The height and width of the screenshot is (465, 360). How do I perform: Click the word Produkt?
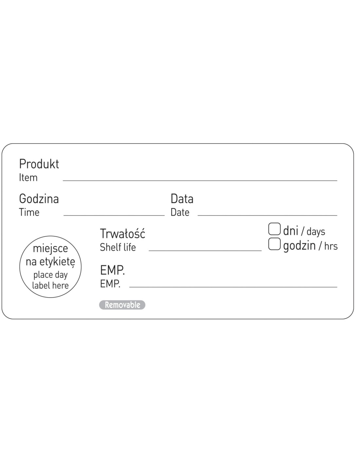[x=39, y=164]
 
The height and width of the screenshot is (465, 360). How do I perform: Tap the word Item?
[x=28, y=178]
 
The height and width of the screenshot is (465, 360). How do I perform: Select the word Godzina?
[x=39, y=199]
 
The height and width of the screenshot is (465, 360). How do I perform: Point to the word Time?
[x=29, y=213]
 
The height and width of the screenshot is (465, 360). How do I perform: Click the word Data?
[x=182, y=199]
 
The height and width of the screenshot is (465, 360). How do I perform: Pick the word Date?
[x=180, y=213]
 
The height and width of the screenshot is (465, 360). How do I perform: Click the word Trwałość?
[x=122, y=233]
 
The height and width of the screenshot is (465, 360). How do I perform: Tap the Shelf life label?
[x=118, y=247]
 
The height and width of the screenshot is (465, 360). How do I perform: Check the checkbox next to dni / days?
[x=274, y=229]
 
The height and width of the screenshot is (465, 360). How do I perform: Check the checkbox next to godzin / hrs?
[x=274, y=244]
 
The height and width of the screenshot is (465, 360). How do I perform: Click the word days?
[x=316, y=232]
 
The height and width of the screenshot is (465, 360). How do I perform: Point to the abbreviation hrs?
[x=331, y=246]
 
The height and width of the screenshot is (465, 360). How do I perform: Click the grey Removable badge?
[x=122, y=305]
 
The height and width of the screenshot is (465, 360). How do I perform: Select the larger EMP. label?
[x=113, y=270]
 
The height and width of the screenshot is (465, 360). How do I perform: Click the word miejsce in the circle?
[x=50, y=249]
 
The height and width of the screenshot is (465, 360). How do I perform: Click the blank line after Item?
[x=200, y=181]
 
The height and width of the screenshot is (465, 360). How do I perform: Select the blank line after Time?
[x=114, y=215]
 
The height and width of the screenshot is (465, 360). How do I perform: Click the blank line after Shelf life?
[x=205, y=250]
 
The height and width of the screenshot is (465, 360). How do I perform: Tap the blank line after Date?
[x=267, y=215]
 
